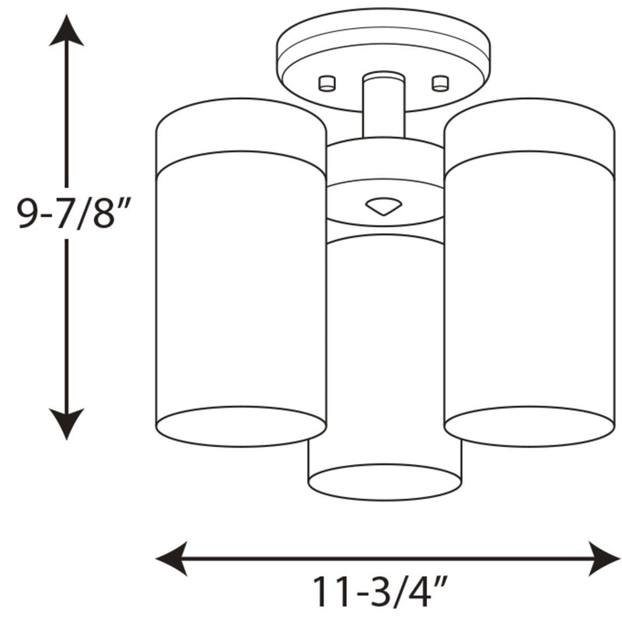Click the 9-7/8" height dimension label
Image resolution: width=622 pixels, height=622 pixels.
click(x=73, y=213)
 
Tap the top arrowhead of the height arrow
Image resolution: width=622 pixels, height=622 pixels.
click(x=66, y=31)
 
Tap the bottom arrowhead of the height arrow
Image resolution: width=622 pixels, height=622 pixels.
click(x=66, y=424)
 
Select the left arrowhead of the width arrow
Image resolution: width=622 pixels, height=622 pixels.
click(x=171, y=558)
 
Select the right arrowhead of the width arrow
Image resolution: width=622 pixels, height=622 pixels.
click(x=605, y=558)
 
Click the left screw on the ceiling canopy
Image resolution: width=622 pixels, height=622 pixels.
click(x=327, y=83)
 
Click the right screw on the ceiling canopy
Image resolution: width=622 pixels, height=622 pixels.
click(x=440, y=83)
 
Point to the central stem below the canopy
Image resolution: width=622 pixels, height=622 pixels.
click(x=383, y=105)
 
